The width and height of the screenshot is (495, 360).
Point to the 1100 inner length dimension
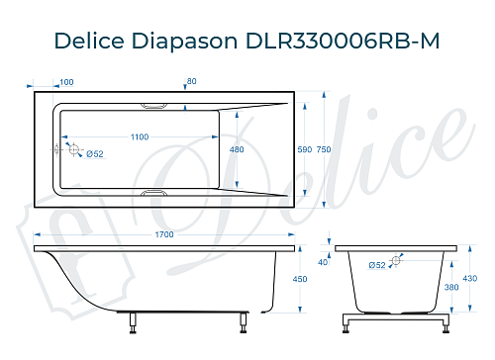pyautogui.click(x=140, y=136)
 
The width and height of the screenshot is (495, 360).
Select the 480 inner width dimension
pyautogui.click(x=237, y=149)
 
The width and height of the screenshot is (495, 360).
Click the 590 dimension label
pyautogui.click(x=305, y=149)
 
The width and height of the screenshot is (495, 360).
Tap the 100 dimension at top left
pyautogui.click(x=66, y=82)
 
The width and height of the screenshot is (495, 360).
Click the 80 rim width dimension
pyautogui.click(x=191, y=81)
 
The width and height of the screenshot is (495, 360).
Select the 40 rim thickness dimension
pyautogui.click(x=323, y=263)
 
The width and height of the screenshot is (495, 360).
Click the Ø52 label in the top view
pyautogui.click(x=95, y=153)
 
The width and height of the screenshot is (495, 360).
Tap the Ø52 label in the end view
pyautogui.click(x=377, y=265)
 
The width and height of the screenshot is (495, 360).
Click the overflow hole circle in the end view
pyautogui.click(x=396, y=261)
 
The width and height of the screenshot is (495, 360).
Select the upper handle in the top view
pyautogui.click(x=155, y=104)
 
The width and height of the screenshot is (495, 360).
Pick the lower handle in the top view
pyautogui.click(x=155, y=194)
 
